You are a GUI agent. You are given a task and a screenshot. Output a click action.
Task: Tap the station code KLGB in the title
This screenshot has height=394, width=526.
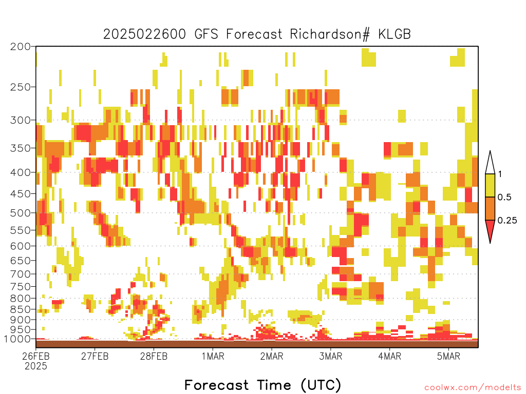pos(394,34)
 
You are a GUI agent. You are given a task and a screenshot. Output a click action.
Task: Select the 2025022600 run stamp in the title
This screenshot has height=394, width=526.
pos(144,34)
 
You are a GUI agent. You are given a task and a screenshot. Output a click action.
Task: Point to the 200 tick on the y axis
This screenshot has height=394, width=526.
pos(21,47)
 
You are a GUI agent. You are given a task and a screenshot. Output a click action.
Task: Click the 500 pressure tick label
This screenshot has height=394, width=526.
pos(21,213)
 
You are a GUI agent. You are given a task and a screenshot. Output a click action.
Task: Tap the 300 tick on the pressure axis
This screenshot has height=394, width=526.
pos(21,120)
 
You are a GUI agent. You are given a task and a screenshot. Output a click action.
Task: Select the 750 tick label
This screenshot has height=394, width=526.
pos(21,286)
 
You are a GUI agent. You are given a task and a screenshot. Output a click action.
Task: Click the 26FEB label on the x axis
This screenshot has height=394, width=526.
pos(36,356)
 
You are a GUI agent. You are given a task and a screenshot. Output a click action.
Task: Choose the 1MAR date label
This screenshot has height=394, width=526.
pos(213,356)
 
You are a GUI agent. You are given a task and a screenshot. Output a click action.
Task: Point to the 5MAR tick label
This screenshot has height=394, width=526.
pos(448,356)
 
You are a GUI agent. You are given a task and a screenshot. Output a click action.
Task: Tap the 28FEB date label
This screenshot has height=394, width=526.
pos(154,356)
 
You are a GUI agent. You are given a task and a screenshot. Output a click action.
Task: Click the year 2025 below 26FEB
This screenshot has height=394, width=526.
pos(36,366)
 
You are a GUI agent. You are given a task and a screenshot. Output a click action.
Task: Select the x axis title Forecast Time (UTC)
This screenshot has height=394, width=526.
pos(262,385)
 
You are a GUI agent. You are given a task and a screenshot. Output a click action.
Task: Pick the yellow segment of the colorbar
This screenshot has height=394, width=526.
pos(490,185)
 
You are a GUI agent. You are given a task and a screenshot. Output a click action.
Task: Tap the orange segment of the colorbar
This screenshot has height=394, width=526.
pos(490,208)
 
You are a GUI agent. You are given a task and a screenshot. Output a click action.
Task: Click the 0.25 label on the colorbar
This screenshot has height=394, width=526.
pos(507,221)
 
